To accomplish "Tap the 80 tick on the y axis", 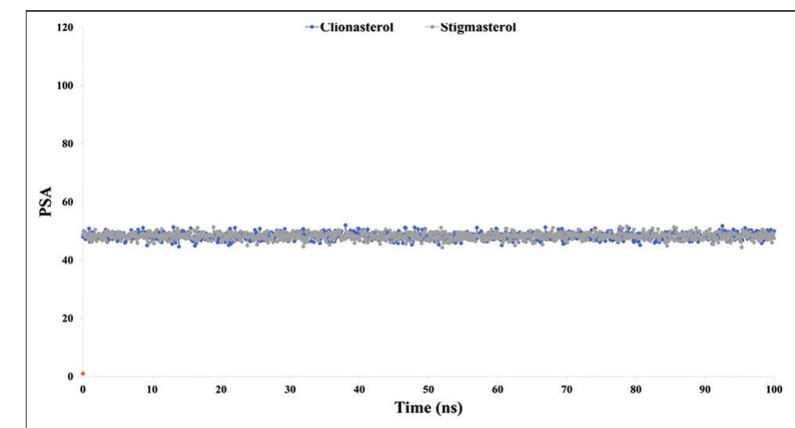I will (x=66, y=144).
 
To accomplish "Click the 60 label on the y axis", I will (x=66, y=202).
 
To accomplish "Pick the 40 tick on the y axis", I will (x=66, y=260).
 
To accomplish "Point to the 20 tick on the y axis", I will (x=66, y=318).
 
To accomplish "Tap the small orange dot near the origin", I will (x=83, y=373).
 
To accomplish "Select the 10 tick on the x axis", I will (x=152, y=389).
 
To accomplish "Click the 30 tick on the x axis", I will (x=290, y=389).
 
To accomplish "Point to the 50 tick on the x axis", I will (x=428, y=389).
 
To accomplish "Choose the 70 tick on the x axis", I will (x=567, y=389).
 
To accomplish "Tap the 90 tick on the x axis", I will (x=705, y=389).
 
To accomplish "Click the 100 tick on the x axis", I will (x=774, y=389).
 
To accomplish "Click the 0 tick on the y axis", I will (x=69, y=376).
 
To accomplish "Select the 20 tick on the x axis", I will (x=221, y=389).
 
